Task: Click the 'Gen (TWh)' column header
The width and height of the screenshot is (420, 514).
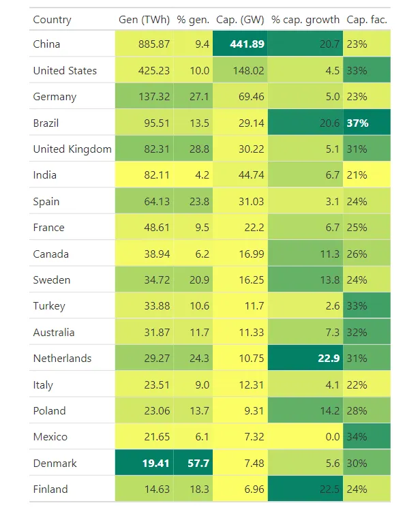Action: pyautogui.click(x=144, y=20)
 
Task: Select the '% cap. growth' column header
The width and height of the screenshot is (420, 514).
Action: pyautogui.click(x=305, y=20)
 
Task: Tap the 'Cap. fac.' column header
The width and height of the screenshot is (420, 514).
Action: pyautogui.click(x=367, y=20)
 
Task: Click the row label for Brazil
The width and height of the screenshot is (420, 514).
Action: pyautogui.click(x=46, y=123)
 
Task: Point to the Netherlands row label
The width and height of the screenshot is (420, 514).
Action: pyautogui.click(x=62, y=359)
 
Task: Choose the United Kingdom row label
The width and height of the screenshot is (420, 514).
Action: pyautogui.click(x=72, y=149)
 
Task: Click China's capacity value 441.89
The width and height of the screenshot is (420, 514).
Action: pyautogui.click(x=240, y=44)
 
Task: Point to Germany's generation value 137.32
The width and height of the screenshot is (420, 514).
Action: pyautogui.click(x=153, y=97)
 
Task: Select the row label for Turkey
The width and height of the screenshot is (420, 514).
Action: pyautogui.click(x=49, y=306)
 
